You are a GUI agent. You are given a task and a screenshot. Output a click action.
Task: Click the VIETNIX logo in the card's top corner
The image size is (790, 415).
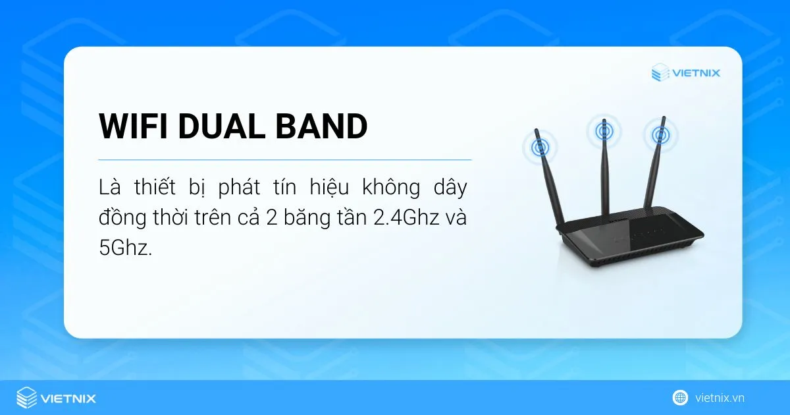[685, 72]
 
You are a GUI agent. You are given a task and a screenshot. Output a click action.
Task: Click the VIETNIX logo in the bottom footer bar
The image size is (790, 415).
[56, 398]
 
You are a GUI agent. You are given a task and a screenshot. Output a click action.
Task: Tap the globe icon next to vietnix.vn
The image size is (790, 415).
[679, 398]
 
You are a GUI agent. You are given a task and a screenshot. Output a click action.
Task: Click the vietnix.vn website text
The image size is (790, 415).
[720, 398]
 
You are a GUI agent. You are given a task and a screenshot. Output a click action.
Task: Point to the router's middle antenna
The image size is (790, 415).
[604, 171]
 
